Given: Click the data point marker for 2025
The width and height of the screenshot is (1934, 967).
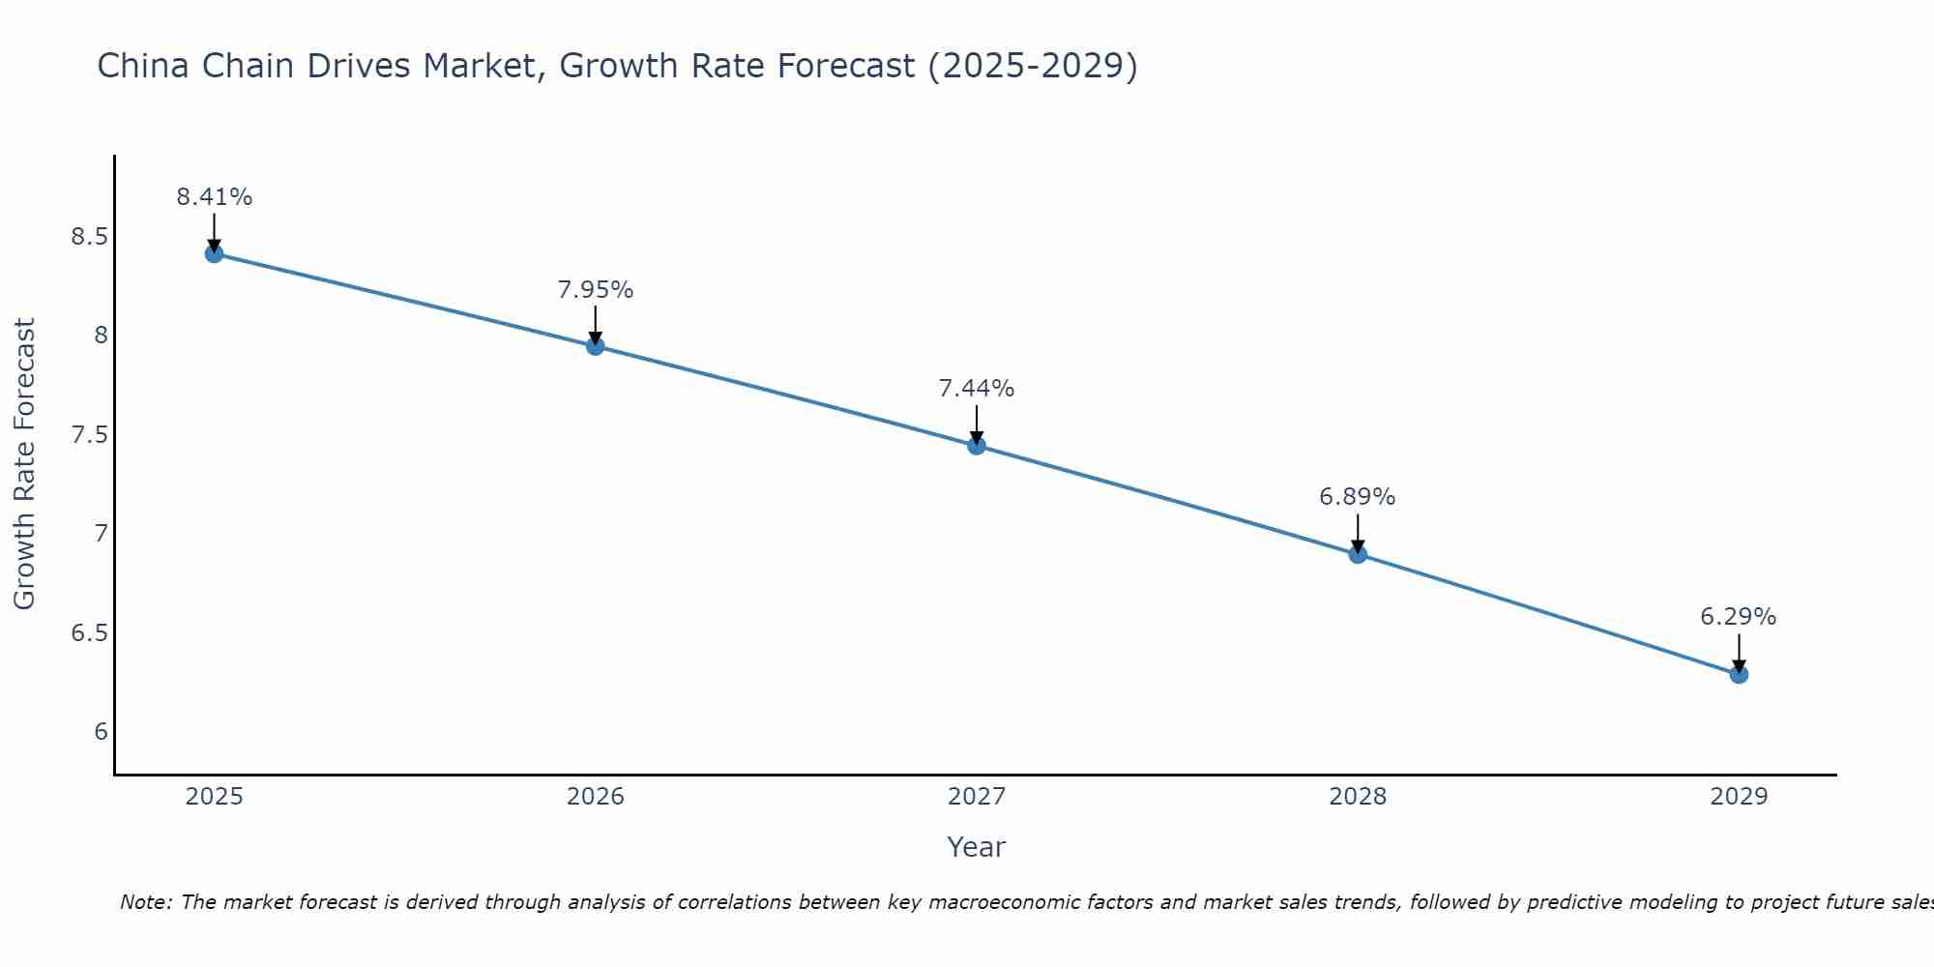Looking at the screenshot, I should pos(214,253).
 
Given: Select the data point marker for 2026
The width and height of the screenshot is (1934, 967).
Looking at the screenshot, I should pos(596,345).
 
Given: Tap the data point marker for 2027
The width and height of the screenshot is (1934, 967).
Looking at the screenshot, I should pos(977,446).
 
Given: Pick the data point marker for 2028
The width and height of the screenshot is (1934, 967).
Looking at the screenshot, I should pos(1358,554).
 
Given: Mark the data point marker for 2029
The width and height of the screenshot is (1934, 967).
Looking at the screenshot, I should pos(1739,674).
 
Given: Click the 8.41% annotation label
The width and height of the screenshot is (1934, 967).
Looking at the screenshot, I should pos(214,197).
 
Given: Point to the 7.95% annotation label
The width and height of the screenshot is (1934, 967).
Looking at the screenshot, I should pos(596,290).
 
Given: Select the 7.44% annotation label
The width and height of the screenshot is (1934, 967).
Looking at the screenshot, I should pos(977,389).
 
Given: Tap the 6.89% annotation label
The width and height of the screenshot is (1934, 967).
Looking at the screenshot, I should pos(1358,497).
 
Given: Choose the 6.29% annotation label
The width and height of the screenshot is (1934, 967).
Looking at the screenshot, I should pos(1739,617).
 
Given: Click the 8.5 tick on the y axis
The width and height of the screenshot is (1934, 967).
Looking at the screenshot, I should pos(89,237).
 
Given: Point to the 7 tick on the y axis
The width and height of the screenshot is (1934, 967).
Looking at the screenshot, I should pos(101,534).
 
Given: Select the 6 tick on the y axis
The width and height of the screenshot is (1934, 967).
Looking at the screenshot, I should pos(101,732).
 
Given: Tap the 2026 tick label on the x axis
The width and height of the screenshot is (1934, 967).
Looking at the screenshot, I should pos(596,797).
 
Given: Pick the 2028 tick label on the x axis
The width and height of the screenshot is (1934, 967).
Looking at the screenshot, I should pos(1358,797).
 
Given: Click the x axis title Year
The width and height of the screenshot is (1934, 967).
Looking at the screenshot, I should pos(977,847).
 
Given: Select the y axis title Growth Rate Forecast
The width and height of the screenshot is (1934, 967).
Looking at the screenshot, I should pos(24,464).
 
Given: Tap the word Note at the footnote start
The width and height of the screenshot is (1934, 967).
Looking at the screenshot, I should pos(145,902).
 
